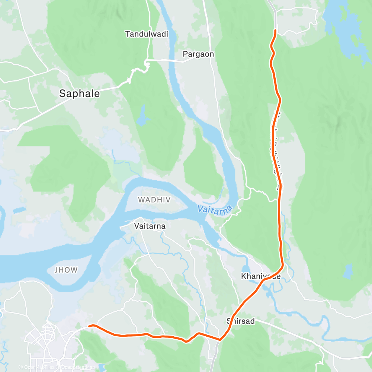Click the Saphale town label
click(80, 94)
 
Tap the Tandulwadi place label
click(147, 34)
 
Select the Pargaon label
click(198, 54)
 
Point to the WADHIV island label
click(154, 200)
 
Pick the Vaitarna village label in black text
click(150, 226)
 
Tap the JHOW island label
click(66, 270)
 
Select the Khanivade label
click(260, 276)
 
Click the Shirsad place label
click(241, 321)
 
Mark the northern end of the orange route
click(275, 30)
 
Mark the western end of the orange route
click(89, 326)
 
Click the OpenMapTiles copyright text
click(37, 367)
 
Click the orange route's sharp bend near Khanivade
click(283, 265)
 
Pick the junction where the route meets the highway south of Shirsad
click(220, 339)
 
